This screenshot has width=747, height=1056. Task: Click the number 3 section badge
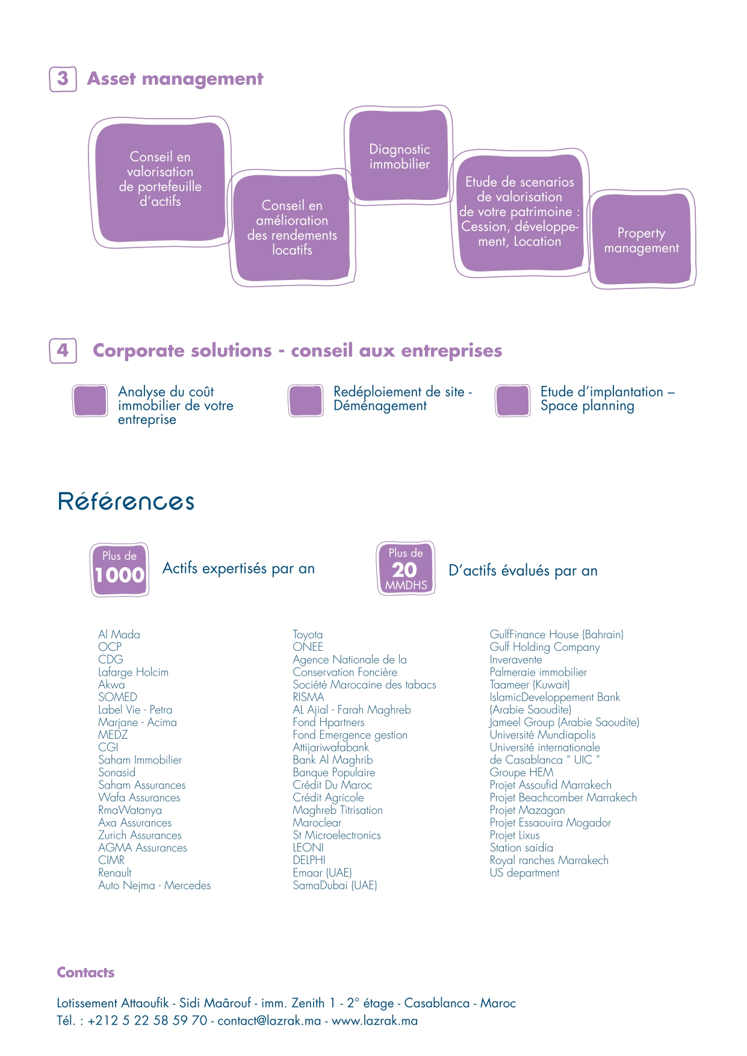click(63, 79)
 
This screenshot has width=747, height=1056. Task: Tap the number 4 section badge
click(63, 350)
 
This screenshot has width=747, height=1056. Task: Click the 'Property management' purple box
click(642, 240)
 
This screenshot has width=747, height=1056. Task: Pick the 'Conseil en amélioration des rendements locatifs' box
click(292, 228)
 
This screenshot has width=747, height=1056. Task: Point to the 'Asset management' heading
click(175, 79)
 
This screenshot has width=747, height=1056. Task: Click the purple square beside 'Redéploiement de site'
click(306, 400)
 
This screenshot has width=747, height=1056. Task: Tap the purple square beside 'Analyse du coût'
click(90, 400)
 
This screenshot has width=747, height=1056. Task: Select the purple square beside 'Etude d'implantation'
click(513, 400)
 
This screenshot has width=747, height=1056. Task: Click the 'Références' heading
click(126, 502)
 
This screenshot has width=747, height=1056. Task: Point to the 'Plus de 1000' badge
click(120, 570)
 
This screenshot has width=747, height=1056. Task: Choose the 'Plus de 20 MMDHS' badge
click(406, 568)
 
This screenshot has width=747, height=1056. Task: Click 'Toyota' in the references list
click(308, 635)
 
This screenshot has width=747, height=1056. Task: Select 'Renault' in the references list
click(115, 873)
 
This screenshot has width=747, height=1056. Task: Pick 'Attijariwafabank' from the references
click(331, 748)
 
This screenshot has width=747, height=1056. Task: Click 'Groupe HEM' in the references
click(521, 772)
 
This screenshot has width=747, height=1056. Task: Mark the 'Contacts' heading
click(85, 972)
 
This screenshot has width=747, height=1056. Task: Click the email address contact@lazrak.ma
click(269, 1020)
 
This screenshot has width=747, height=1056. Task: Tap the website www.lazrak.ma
click(374, 1020)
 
